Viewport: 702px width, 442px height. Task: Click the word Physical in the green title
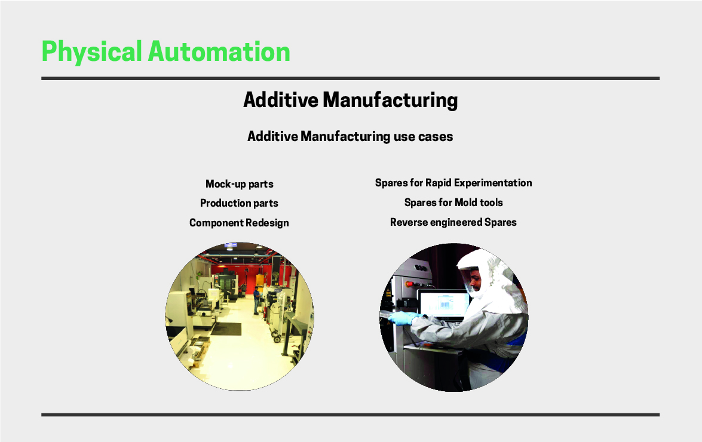click(92, 52)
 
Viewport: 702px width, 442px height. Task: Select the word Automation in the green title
click(219, 51)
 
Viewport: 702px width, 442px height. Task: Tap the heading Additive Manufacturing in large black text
click(351, 100)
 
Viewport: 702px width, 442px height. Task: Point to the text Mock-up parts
click(240, 184)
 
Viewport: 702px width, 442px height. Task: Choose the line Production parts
click(239, 203)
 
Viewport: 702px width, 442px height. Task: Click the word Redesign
click(267, 223)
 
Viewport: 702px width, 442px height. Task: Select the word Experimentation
click(493, 183)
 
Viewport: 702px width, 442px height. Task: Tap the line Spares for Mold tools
click(453, 202)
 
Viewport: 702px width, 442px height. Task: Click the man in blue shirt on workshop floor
click(256, 301)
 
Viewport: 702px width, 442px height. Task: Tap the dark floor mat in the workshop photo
click(226, 329)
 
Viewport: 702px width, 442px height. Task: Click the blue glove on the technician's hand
click(403, 318)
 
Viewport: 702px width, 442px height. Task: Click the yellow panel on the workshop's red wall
click(260, 280)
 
